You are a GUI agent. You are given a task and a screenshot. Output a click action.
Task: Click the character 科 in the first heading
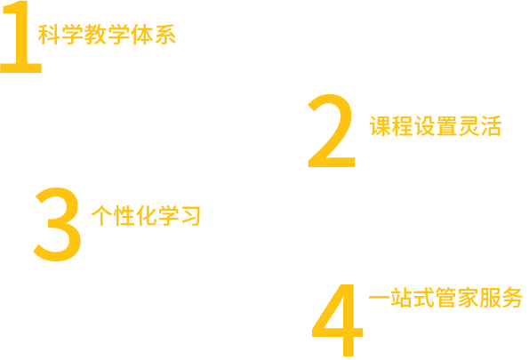pos(49,35)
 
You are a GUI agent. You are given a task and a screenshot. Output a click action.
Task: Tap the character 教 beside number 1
pos(95,35)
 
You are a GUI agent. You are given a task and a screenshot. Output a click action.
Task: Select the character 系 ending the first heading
pos(165,35)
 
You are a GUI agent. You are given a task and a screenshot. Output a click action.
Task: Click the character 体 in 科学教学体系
pos(141,35)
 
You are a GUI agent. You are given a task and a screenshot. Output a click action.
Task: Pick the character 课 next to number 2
pos(381,126)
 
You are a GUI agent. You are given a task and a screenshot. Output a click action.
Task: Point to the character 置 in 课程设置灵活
pos(446,126)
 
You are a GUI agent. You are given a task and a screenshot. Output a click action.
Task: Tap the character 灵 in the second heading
pos(469,126)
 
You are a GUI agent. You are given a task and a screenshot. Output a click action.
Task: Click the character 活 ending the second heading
pos(491,126)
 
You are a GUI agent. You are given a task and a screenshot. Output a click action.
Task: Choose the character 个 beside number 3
pos(102,216)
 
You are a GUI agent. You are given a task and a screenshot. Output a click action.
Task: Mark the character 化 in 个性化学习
pos(146,216)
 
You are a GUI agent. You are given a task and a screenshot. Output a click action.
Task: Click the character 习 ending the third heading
pos(190,216)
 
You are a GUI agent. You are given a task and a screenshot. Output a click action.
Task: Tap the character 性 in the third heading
pos(124,216)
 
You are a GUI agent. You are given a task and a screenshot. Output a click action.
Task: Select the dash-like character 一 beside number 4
pos(380,297)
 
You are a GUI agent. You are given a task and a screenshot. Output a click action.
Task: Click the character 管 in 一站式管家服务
pos(445,297)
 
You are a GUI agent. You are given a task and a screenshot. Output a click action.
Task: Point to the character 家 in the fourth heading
pos(468,297)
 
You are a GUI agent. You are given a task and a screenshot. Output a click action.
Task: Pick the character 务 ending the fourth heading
pos(512,297)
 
